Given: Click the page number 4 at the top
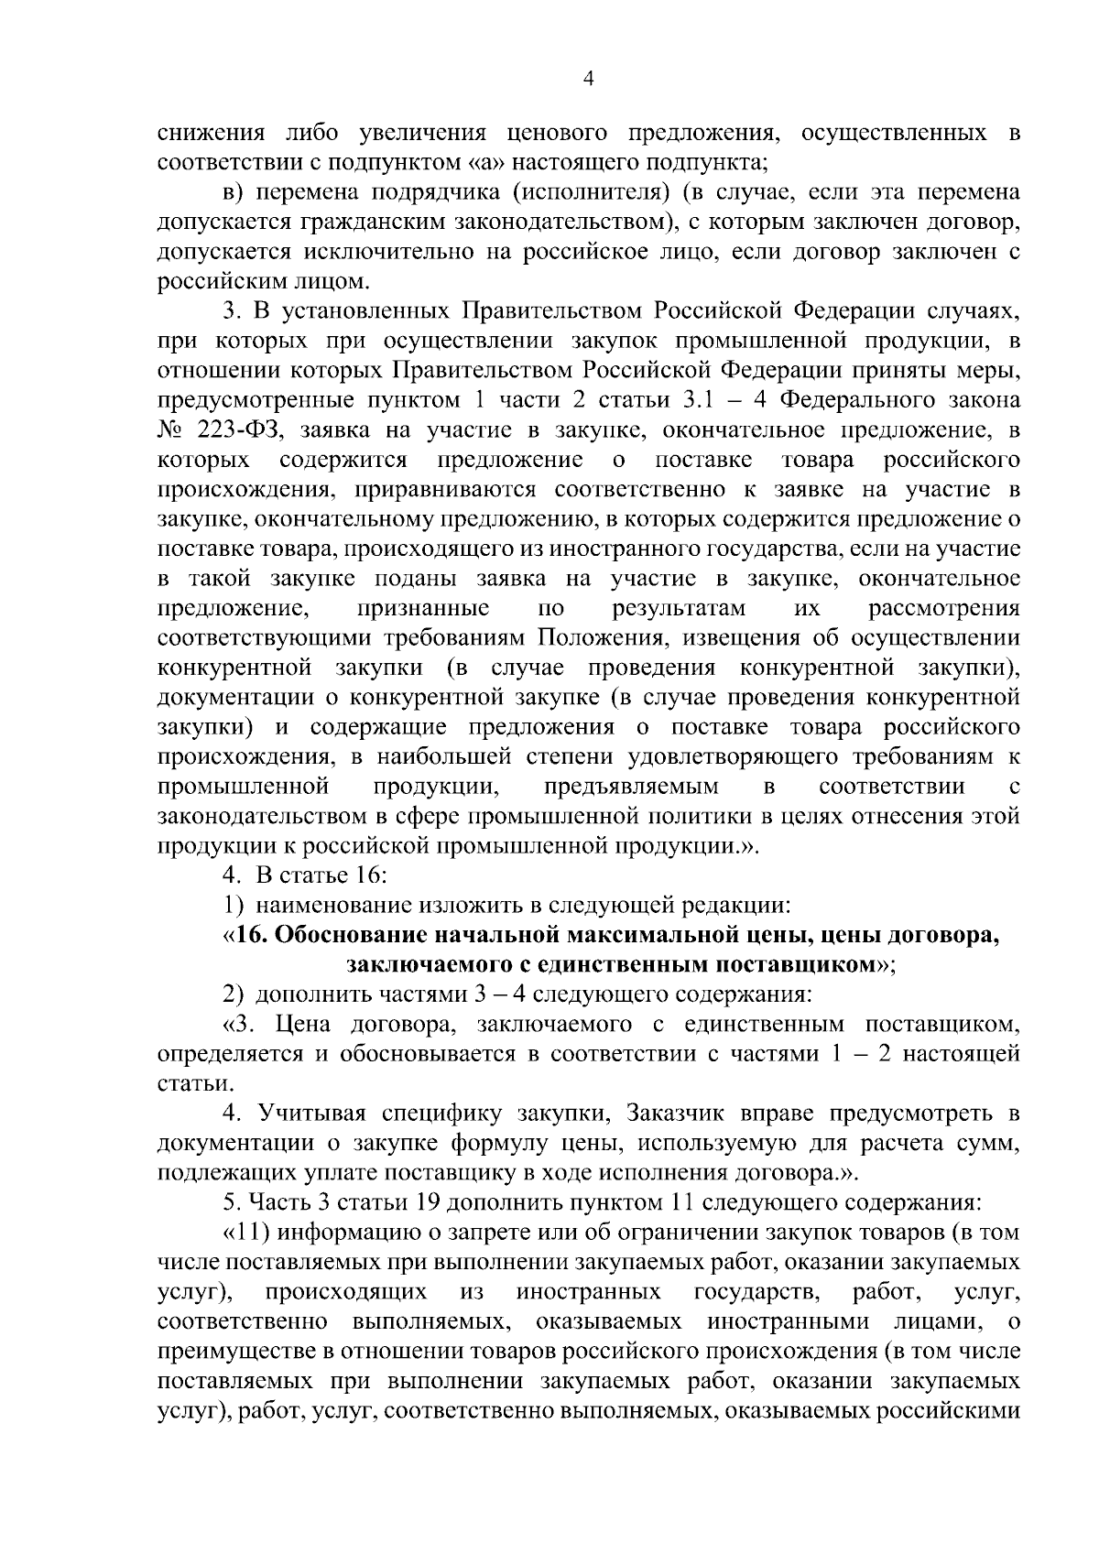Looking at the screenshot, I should [x=589, y=80].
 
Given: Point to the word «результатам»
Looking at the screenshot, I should [x=678, y=609].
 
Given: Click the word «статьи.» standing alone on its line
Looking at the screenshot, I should [x=183, y=1083].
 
